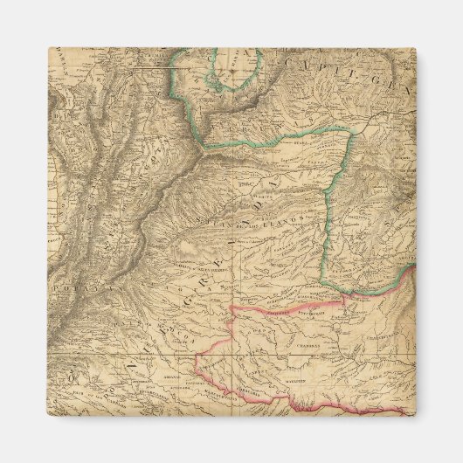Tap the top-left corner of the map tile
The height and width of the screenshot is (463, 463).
[x=48, y=48]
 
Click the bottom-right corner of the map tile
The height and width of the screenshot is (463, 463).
[x=415, y=415]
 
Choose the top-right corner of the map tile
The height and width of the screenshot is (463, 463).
[x=415, y=48]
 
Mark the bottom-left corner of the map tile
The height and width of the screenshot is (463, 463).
[x=48, y=415]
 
